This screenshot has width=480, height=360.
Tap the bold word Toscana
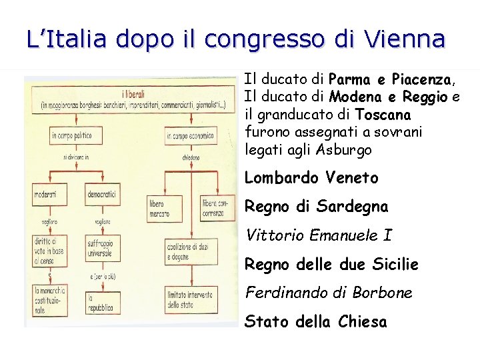pyautogui.click(x=383, y=115)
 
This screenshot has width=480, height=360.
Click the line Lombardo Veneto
pyautogui.click(x=311, y=178)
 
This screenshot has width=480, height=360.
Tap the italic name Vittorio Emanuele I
pyautogui.click(x=319, y=235)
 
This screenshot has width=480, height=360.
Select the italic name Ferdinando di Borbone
pyautogui.click(x=329, y=293)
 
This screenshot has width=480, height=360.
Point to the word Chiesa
pyautogui.click(x=362, y=322)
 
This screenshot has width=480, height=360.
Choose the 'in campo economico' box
pyautogui.click(x=191, y=136)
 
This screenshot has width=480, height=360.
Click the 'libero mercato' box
pyautogui.click(x=158, y=208)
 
